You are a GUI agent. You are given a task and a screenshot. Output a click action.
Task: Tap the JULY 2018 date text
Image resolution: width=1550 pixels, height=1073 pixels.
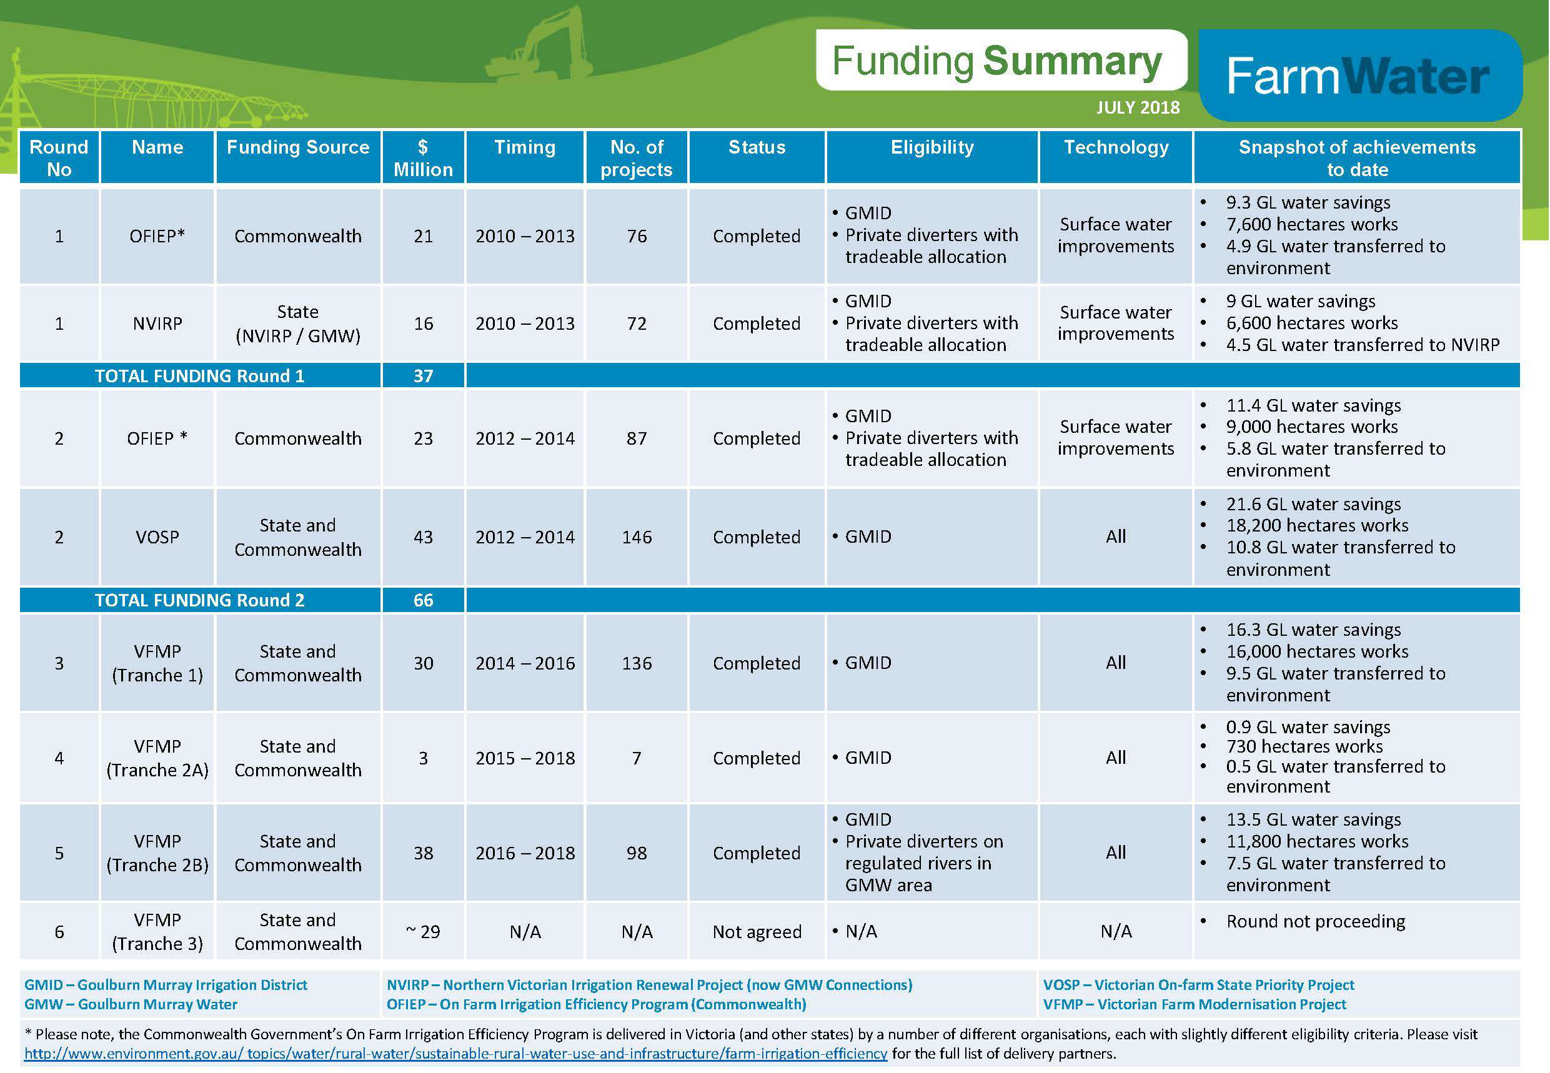pyautogui.click(x=1138, y=107)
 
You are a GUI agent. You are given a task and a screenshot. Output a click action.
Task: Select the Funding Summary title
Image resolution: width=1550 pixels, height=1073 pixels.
pyautogui.click(x=997, y=61)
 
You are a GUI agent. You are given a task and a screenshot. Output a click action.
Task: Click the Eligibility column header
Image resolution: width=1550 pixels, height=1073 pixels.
pyautogui.click(x=932, y=147)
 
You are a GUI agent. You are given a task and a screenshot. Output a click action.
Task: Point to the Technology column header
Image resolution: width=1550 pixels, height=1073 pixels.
pyautogui.click(x=1116, y=147)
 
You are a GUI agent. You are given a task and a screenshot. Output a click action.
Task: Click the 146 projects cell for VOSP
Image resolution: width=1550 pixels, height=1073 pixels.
pyautogui.click(x=637, y=537)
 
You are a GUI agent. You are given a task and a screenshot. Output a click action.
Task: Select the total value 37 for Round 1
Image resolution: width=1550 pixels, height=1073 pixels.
pyautogui.click(x=423, y=376)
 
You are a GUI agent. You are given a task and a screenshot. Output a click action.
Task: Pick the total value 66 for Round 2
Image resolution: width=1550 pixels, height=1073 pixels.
pyautogui.click(x=423, y=600)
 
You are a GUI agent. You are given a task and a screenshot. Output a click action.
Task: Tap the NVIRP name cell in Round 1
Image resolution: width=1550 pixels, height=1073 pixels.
pyautogui.click(x=157, y=324)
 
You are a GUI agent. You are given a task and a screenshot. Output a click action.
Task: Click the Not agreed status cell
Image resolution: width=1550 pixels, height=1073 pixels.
pyautogui.click(x=757, y=932)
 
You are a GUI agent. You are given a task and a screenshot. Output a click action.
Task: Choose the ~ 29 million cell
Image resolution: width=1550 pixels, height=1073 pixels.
pyautogui.click(x=423, y=932)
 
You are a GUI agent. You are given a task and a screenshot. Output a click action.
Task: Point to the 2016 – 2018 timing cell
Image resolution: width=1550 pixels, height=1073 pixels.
pyautogui.click(x=525, y=853)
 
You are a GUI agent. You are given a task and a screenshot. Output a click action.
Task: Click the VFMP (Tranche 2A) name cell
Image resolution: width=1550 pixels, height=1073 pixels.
pyautogui.click(x=157, y=758)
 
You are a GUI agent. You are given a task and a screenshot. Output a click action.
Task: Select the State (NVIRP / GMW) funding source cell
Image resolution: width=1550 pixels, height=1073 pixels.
pyautogui.click(x=298, y=324)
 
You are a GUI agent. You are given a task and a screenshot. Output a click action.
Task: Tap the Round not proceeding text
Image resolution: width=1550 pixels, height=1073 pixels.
pyautogui.click(x=1315, y=922)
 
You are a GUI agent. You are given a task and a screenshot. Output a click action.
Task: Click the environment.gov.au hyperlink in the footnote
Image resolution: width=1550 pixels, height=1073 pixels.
pyautogui.click(x=456, y=1054)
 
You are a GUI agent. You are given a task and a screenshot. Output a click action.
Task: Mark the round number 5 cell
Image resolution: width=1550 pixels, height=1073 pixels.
pyautogui.click(x=59, y=853)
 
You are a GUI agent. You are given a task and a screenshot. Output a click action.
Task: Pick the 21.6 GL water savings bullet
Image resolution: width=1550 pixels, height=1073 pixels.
pyautogui.click(x=1313, y=504)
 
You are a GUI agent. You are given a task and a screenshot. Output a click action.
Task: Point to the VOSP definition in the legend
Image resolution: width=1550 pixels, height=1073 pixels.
pyautogui.click(x=1198, y=985)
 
